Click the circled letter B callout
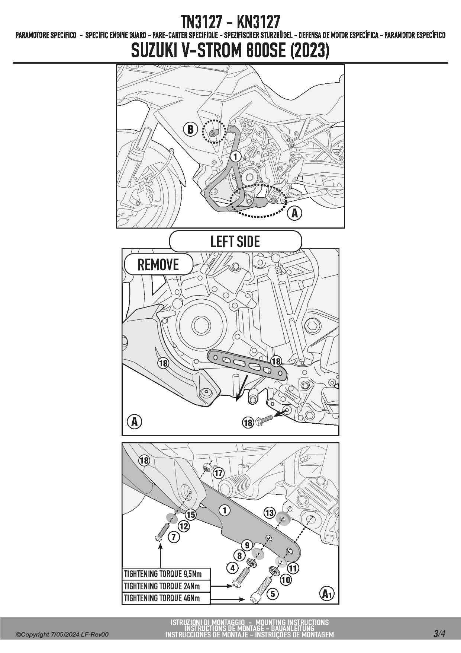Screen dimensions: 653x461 pyautogui.click(x=190, y=129)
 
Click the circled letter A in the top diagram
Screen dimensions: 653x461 pyautogui.click(x=295, y=213)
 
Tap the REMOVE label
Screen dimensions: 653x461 pyautogui.click(x=158, y=265)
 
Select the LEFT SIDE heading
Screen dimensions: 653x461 pyautogui.click(x=235, y=242)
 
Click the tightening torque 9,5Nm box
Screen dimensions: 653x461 pyautogui.click(x=167, y=574)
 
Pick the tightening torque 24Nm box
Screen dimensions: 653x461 pyautogui.click(x=167, y=586)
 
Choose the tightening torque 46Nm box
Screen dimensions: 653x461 pyautogui.click(x=167, y=598)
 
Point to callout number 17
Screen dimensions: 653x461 pyautogui.click(x=218, y=473)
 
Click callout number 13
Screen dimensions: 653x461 pyautogui.click(x=269, y=513)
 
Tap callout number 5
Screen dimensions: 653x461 pyautogui.click(x=273, y=593)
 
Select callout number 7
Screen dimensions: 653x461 pyautogui.click(x=174, y=537)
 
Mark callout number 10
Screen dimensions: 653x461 pyautogui.click(x=286, y=579)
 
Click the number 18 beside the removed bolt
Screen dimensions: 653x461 pyautogui.click(x=248, y=423)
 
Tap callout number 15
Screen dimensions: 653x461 pyautogui.click(x=191, y=515)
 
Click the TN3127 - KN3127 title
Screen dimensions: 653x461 pyautogui.click(x=230, y=23)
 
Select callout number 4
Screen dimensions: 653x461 pyautogui.click(x=233, y=568)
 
